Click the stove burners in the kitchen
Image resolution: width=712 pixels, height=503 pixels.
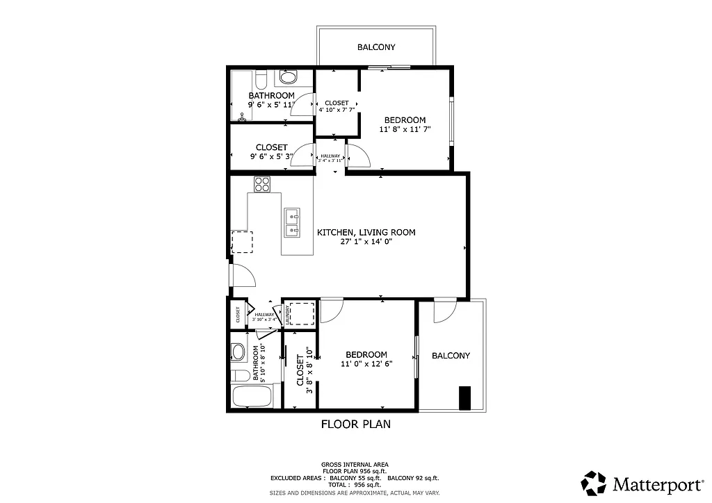[262, 184]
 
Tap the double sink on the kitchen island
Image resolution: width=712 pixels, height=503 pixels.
[292, 222]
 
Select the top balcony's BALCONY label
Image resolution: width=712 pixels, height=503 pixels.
[376, 47]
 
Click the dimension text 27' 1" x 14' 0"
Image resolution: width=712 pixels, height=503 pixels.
[366, 242]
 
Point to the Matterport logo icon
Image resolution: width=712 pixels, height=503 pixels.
[594, 483]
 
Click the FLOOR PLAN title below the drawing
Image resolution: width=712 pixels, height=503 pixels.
[355, 424]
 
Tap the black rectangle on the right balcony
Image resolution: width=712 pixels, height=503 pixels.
[465, 397]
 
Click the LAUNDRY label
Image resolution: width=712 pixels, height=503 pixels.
[286, 315]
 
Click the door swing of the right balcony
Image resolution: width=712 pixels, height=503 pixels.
[443, 311]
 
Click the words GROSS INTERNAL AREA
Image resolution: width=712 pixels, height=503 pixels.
[355, 464]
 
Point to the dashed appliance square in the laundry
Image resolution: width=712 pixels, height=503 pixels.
[301, 313]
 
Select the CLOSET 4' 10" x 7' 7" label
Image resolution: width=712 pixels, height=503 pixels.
[337, 106]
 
